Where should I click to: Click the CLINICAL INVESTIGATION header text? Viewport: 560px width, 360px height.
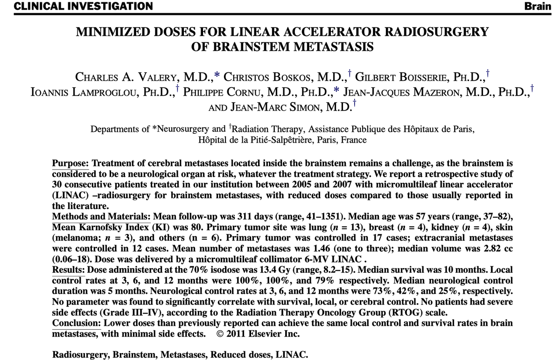coord(77,6)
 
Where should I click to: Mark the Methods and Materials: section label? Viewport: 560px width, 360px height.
coord(101,217)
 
